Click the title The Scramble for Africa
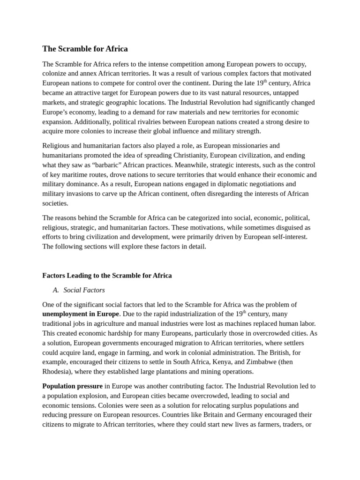tap(85, 49)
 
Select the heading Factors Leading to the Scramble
tap(107, 276)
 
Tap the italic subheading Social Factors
tap(84, 290)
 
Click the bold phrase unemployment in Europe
tap(81, 314)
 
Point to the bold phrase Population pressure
tap(72, 386)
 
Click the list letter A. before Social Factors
tap(56, 290)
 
